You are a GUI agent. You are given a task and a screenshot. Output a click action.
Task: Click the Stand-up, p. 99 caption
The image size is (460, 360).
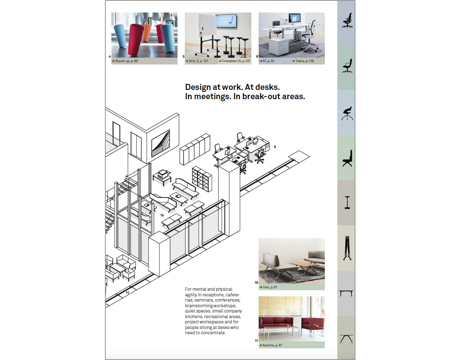[x=125, y=61]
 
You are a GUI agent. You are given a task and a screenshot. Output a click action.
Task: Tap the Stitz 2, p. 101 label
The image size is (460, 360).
[x=198, y=61]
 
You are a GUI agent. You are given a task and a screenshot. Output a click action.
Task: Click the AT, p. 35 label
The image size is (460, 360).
[x=267, y=61]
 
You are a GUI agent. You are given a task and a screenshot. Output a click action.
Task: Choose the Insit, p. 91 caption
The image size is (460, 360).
[x=268, y=287]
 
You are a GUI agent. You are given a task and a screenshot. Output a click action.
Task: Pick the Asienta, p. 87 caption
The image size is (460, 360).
[x=271, y=345]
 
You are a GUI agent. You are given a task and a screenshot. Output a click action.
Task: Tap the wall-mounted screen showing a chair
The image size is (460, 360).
[x=226, y=21]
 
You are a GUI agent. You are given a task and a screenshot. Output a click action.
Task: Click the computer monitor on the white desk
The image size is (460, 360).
[x=295, y=18]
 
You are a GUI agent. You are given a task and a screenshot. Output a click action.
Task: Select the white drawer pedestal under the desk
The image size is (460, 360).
[x=278, y=46]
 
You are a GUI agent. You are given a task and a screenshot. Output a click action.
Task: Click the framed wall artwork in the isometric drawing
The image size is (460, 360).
[x=161, y=143]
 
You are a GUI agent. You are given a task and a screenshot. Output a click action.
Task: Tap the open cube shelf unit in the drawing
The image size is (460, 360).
[x=202, y=179]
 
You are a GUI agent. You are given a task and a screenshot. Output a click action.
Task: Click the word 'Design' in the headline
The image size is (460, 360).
[x=198, y=87]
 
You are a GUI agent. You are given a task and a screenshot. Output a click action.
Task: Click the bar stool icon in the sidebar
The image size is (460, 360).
[x=347, y=202]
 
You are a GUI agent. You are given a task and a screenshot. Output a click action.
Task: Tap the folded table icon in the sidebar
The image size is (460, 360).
[x=347, y=248]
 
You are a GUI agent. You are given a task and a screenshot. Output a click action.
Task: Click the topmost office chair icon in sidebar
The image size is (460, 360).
[x=347, y=21]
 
